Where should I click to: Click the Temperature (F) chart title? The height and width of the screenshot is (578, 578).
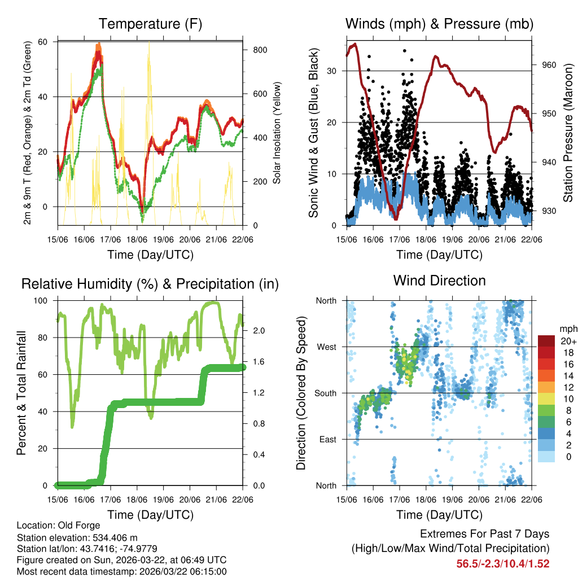[x=150, y=24]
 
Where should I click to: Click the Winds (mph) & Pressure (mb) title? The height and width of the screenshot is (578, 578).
[x=439, y=24]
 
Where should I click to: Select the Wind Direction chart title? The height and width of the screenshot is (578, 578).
[x=439, y=280]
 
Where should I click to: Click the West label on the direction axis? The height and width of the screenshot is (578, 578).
[x=326, y=347]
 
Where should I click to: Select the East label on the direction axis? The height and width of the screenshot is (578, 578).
[x=327, y=439]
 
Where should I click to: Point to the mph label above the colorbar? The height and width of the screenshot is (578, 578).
[x=567, y=329]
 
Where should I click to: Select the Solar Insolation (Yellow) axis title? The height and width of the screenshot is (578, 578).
[x=277, y=133]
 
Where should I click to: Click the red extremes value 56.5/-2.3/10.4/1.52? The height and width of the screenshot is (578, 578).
[x=502, y=563]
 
